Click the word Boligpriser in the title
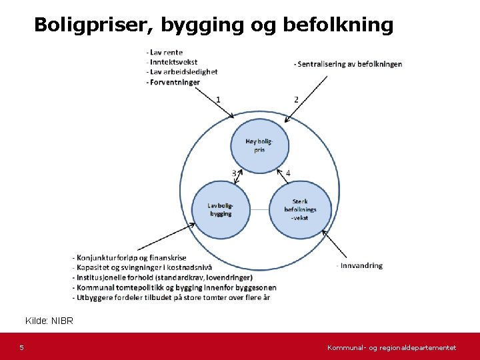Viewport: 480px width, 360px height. [x=85, y=25]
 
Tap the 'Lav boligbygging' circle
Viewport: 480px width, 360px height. [x=220, y=209]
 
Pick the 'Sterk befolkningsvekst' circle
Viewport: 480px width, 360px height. [x=299, y=209]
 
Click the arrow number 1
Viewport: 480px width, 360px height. [x=218, y=99]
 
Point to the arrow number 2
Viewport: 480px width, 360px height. [x=296, y=99]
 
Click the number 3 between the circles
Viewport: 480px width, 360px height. [x=235, y=173]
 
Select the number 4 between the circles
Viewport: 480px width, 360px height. [x=288, y=173]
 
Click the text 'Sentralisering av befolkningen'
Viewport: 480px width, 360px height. [x=347, y=64]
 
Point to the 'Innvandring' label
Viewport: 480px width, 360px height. [x=360, y=265]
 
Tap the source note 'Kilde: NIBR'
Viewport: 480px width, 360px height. [x=49, y=321]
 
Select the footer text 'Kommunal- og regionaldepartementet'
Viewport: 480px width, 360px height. [x=391, y=348]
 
